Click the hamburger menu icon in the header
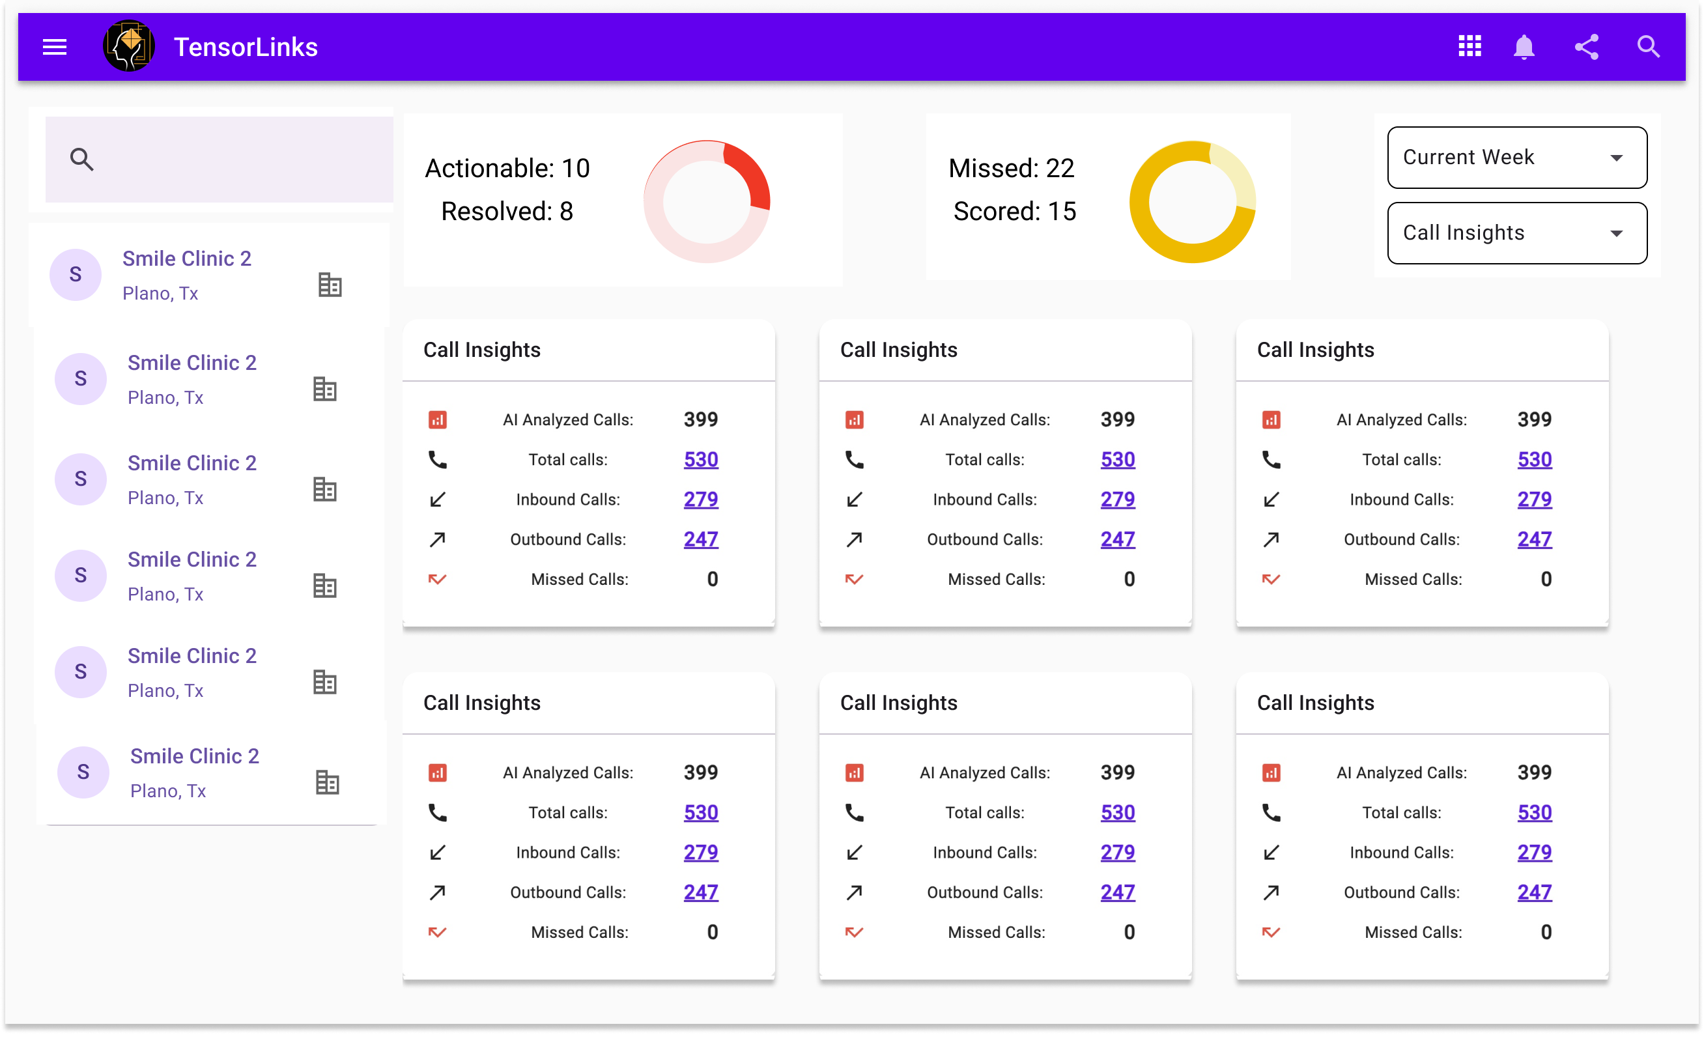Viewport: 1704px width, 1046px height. [x=55, y=47]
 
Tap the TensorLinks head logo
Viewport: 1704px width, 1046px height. [x=129, y=46]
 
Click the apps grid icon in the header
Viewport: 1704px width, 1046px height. [x=1470, y=46]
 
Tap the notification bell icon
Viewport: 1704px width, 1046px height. [x=1524, y=47]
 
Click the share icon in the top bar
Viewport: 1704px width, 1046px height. [x=1586, y=47]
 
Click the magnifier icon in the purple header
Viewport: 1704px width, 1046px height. [x=1649, y=46]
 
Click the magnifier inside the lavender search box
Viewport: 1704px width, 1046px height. [x=81, y=159]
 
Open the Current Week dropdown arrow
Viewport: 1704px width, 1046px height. [x=1616, y=158]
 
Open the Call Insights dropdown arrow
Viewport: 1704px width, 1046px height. [x=1616, y=233]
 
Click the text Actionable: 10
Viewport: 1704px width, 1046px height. [x=507, y=168]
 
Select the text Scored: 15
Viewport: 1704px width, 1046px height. [x=1014, y=211]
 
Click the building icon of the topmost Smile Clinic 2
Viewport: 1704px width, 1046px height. [x=330, y=285]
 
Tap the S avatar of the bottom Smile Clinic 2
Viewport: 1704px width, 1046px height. [x=83, y=772]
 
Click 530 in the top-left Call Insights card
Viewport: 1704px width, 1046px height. [x=701, y=459]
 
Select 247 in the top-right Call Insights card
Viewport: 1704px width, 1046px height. [x=1534, y=539]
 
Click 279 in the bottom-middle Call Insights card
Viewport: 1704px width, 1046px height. [x=1117, y=853]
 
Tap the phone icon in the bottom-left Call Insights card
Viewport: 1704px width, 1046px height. [x=437, y=812]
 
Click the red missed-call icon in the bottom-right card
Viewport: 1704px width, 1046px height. [x=1271, y=932]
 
